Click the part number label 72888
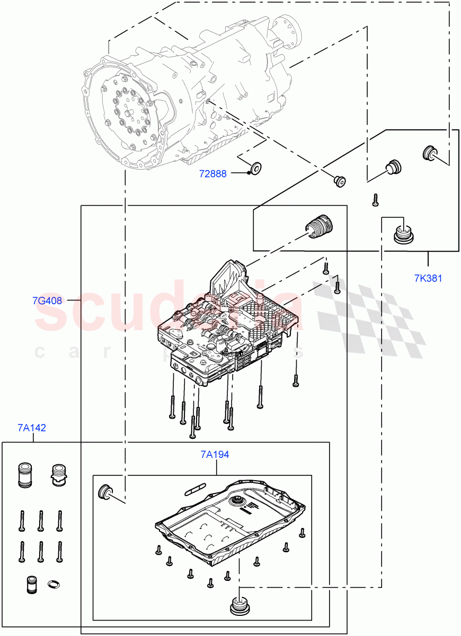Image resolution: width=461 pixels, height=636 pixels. (x=212, y=173)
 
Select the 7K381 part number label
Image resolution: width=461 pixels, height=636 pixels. (x=428, y=278)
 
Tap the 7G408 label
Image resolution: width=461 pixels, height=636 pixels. (x=47, y=301)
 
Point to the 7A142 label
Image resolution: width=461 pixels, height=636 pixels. (x=31, y=428)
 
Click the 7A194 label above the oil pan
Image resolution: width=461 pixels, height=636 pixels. (x=215, y=454)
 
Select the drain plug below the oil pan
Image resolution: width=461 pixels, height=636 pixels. (x=240, y=606)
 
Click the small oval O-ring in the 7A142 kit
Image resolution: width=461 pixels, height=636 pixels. (x=54, y=584)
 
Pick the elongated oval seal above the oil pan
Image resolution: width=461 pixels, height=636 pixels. (x=194, y=488)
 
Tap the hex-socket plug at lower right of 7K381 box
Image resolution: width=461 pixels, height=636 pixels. (x=405, y=234)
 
